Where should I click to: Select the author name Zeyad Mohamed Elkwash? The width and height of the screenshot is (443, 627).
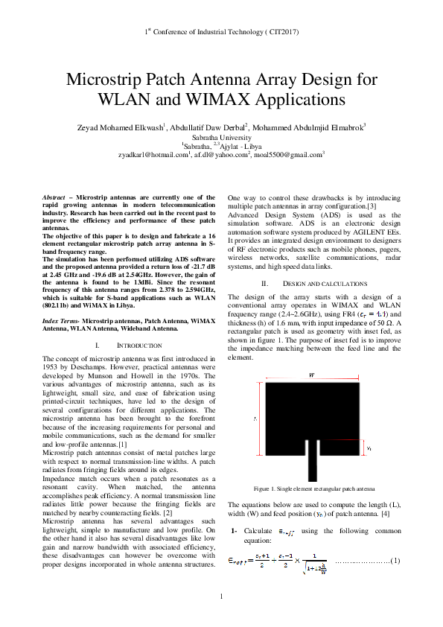(120, 128)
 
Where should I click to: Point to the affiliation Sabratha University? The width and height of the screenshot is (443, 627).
(221, 138)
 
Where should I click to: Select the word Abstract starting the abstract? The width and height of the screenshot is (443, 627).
(55, 198)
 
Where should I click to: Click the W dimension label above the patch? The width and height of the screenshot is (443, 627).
(310, 375)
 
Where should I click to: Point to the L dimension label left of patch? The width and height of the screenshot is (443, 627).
(255, 420)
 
